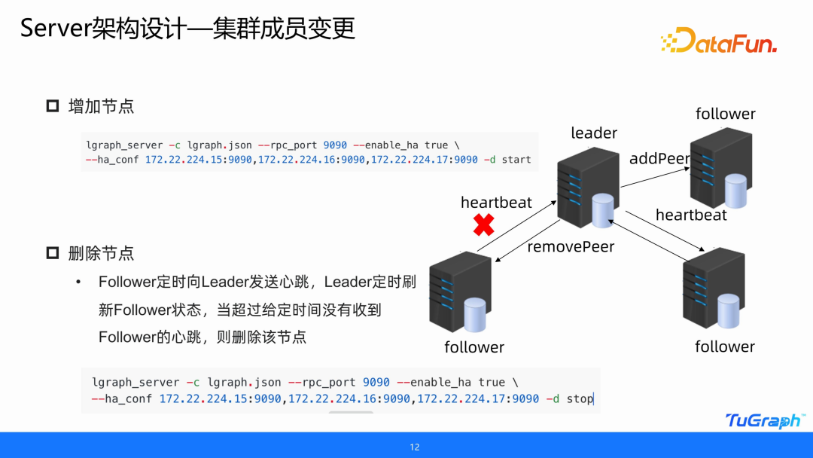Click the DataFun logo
click(719, 40)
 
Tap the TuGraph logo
click(766, 420)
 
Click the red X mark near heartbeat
click(484, 225)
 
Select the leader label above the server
click(594, 133)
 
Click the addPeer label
click(659, 158)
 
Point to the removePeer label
click(571, 246)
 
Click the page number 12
click(414, 447)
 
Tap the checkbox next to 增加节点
click(53, 106)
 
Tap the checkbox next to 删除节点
click(53, 253)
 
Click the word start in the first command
click(516, 160)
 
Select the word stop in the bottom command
click(580, 399)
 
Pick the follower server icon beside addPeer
click(721, 168)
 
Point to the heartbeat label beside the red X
click(496, 203)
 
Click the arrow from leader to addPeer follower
click(656, 177)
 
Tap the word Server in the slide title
click(56, 28)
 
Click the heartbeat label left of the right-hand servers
click(691, 215)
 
